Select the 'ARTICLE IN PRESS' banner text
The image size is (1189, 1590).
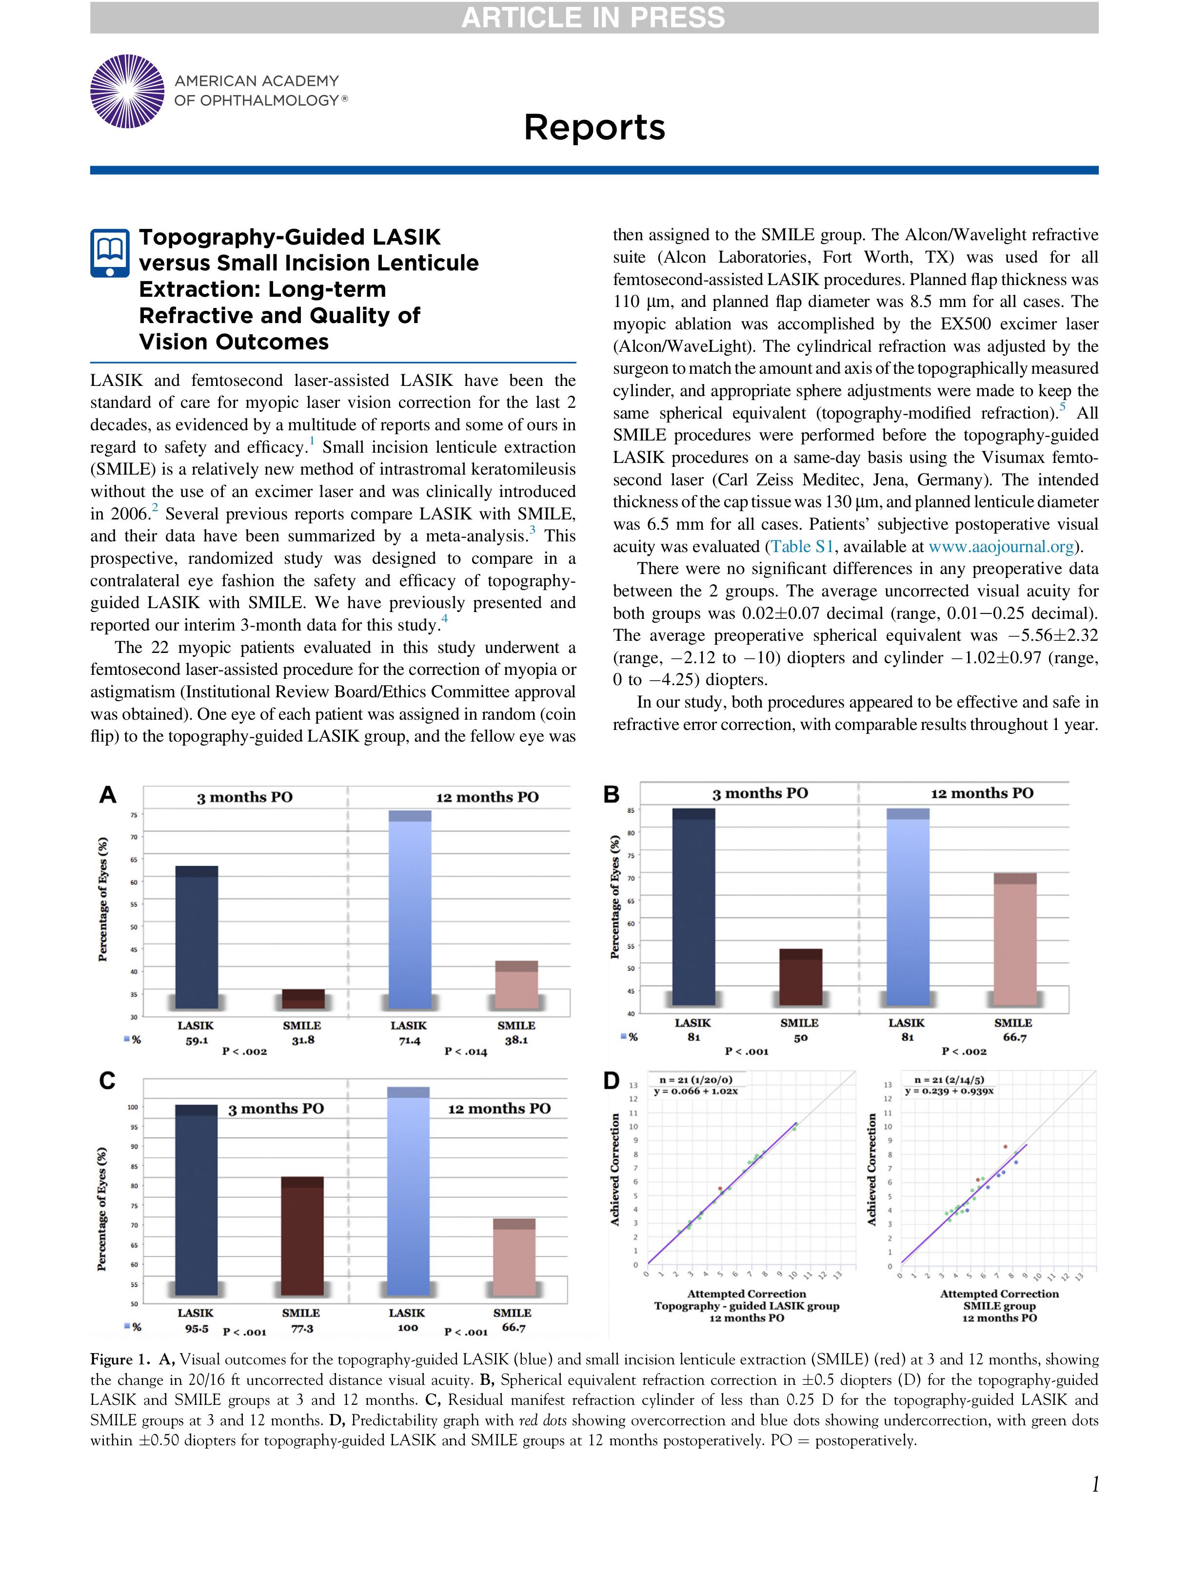tap(594, 17)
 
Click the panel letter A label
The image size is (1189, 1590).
tap(107, 795)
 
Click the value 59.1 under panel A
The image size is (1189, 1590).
tap(197, 1040)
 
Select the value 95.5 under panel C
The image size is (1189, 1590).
tap(197, 1328)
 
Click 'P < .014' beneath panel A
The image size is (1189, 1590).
tap(465, 1052)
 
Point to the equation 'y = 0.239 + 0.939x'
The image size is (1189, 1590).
tap(950, 1091)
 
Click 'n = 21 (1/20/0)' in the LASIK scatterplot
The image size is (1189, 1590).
tap(696, 1080)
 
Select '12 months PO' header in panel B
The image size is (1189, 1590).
tap(982, 794)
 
